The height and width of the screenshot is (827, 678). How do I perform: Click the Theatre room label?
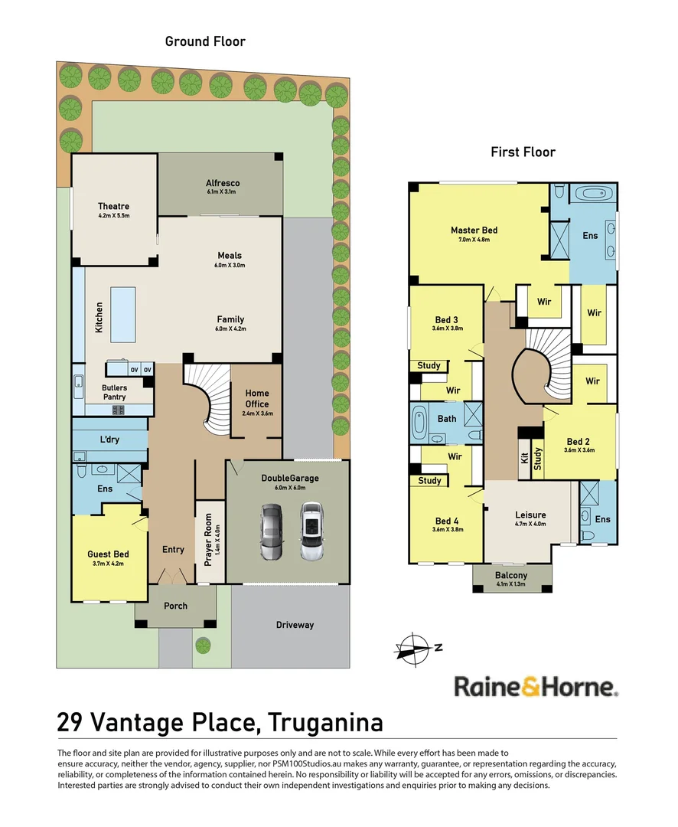[x=113, y=206]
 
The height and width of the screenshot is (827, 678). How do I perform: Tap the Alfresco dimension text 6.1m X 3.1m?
[x=223, y=192]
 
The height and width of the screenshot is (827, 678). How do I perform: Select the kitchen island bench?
[x=122, y=314]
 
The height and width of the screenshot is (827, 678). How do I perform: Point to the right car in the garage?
[x=311, y=531]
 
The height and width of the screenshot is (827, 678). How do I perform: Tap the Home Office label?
[x=257, y=398]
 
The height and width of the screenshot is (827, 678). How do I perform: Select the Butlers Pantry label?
[x=115, y=392]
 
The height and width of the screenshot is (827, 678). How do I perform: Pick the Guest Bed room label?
[x=108, y=554]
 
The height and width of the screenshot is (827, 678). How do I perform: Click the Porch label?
[x=175, y=606]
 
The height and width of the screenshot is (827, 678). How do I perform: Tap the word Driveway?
[x=295, y=625]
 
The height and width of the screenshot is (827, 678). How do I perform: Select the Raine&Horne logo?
[x=536, y=686]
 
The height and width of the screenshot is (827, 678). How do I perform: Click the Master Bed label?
[x=474, y=230]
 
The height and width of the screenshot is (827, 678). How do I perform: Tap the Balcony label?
[x=510, y=575]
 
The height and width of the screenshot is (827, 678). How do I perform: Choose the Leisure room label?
[x=530, y=515]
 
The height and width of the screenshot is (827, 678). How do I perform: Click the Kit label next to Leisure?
[x=524, y=459]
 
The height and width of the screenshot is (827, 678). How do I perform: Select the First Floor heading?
[x=523, y=152]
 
